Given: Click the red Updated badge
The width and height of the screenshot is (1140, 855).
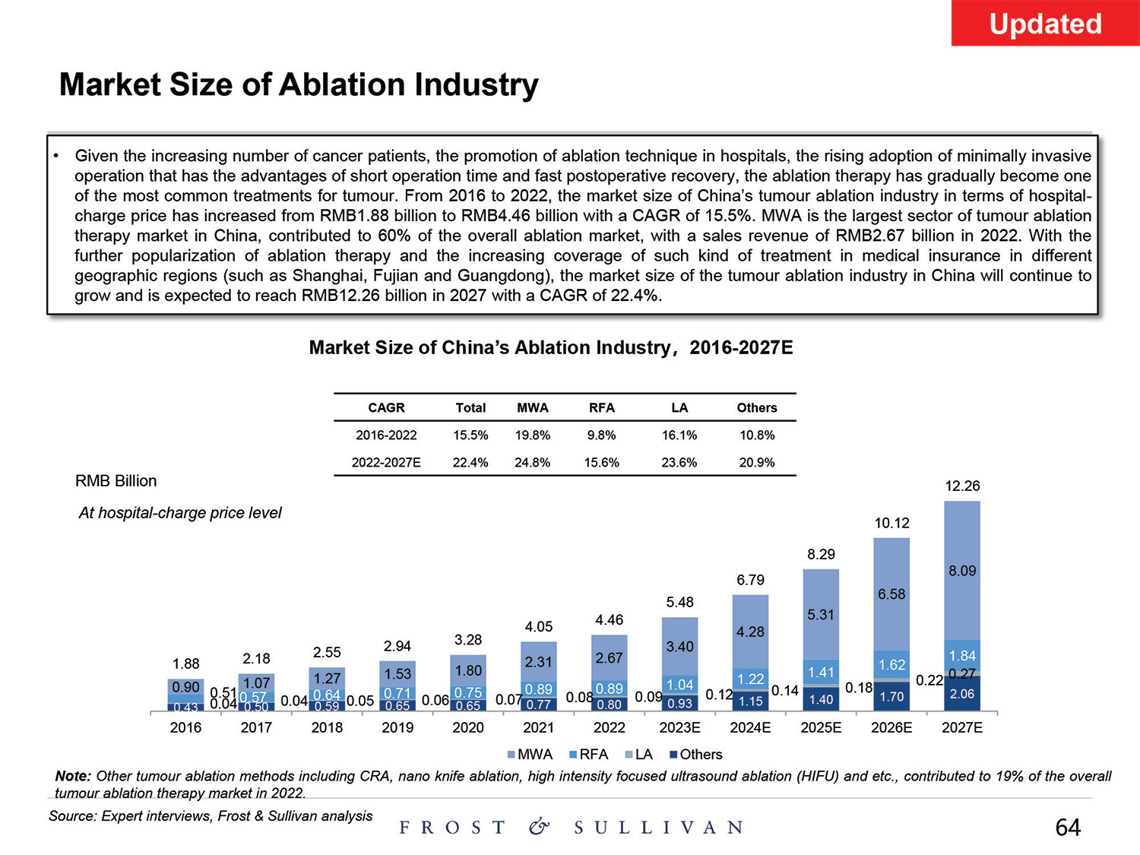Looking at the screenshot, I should click(x=1045, y=24).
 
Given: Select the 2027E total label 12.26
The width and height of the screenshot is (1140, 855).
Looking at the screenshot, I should click(x=962, y=486).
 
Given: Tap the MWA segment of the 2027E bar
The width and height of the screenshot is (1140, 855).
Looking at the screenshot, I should click(x=962, y=571).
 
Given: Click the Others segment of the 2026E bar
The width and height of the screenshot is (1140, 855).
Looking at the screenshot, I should click(x=891, y=696).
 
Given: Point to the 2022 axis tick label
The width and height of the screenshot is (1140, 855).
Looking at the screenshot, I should click(x=609, y=728).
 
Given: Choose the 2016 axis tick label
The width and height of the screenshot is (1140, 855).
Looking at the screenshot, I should click(x=185, y=728).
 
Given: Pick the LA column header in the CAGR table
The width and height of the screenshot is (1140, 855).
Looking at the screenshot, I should click(x=679, y=408).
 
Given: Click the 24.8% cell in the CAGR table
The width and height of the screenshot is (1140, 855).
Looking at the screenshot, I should click(x=532, y=462).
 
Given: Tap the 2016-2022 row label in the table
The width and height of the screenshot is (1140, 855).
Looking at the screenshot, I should click(x=386, y=435).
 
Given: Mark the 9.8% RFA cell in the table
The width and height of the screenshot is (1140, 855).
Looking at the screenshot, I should click(x=601, y=435).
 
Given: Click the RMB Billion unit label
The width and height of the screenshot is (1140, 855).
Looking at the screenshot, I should click(x=116, y=481).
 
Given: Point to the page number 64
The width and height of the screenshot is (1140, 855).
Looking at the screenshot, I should click(x=1068, y=827).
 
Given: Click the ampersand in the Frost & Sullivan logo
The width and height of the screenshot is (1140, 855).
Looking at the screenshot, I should click(x=539, y=827).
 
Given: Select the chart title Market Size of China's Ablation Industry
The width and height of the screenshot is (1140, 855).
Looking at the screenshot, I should click(x=550, y=348).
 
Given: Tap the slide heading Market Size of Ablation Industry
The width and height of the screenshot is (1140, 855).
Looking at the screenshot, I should click(x=299, y=84).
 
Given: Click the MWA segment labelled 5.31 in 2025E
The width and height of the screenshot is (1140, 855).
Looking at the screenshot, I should click(x=821, y=614).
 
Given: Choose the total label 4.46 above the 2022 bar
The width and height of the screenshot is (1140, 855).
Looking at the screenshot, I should click(x=609, y=620).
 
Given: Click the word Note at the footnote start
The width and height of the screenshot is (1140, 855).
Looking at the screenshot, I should click(x=72, y=776).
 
